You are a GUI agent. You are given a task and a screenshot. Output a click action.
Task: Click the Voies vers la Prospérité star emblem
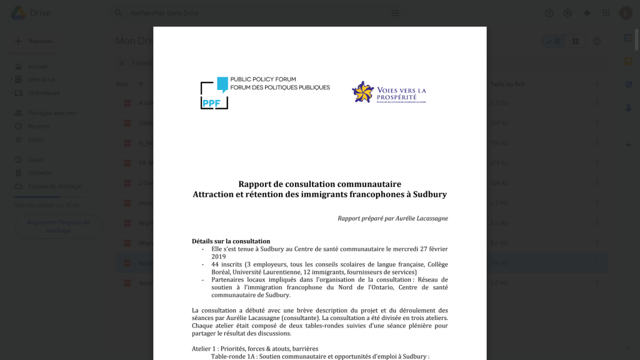pyautogui.click(x=362, y=92)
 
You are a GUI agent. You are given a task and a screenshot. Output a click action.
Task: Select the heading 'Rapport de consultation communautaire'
pyautogui.click(x=319, y=184)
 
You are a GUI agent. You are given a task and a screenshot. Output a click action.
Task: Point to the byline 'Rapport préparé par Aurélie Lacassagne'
pyautogui.click(x=392, y=218)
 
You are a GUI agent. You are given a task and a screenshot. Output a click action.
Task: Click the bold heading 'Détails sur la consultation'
pyautogui.click(x=231, y=241)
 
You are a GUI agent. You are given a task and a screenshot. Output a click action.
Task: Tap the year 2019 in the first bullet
pyautogui.click(x=218, y=256)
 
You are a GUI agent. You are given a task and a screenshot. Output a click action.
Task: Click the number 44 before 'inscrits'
pyautogui.click(x=215, y=264)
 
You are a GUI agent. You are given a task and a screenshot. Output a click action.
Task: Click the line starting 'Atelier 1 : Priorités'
pyautogui.click(x=255, y=349)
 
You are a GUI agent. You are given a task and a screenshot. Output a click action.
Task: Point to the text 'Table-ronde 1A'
pyautogui.click(x=233, y=356)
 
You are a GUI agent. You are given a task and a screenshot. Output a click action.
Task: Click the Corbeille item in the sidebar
pyautogui.click(x=39, y=173)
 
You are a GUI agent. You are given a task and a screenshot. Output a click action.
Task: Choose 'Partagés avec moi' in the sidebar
pyautogui.click(x=52, y=113)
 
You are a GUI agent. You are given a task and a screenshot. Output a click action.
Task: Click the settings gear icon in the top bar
pyautogui.click(x=567, y=13)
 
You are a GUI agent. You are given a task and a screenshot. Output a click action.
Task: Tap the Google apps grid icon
pyautogui.click(x=606, y=13)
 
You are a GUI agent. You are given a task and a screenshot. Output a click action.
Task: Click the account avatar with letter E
pyautogui.click(x=626, y=13)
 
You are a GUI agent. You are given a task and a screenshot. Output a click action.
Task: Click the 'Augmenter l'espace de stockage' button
pyautogui.click(x=58, y=226)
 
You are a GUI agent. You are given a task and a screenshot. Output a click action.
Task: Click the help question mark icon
pyautogui.click(x=549, y=13)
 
